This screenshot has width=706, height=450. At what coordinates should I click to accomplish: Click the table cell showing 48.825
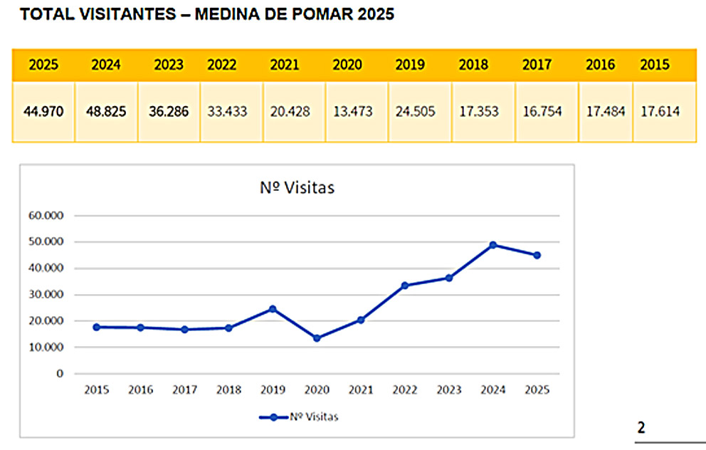[106, 112]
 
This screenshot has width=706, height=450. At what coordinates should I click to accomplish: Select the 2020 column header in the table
[347, 65]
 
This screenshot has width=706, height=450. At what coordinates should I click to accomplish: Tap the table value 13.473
[347, 112]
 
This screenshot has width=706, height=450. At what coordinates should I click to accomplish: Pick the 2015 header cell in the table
[655, 65]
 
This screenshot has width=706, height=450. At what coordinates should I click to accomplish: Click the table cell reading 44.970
[43, 112]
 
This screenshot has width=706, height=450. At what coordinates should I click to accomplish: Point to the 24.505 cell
[410, 112]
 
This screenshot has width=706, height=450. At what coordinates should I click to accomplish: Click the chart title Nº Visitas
[297, 189]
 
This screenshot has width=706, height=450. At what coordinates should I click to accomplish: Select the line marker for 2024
[493, 245]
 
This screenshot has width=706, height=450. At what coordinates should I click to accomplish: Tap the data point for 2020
[317, 338]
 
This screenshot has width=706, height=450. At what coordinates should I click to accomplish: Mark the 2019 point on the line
[273, 309]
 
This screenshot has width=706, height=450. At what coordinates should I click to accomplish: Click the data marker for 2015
[96, 327]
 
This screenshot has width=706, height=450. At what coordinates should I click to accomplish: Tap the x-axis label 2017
[184, 390]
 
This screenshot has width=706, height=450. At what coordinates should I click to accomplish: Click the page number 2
[641, 428]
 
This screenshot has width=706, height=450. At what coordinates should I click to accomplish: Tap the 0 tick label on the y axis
[60, 374]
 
